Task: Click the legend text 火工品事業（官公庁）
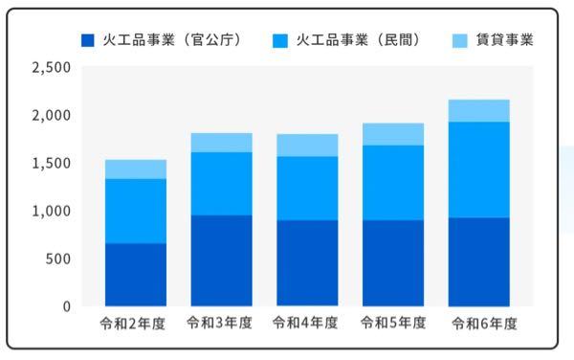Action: click(171, 41)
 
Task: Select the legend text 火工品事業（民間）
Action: click(359, 41)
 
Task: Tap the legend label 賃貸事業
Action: click(504, 41)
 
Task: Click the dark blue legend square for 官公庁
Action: click(88, 41)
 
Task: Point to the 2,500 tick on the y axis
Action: click(52, 68)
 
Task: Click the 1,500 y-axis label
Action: click(52, 164)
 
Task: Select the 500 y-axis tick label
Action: click(57, 259)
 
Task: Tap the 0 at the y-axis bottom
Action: click(66, 307)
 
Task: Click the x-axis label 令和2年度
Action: click(135, 324)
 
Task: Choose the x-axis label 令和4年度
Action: click(307, 324)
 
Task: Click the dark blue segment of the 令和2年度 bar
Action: click(135, 275)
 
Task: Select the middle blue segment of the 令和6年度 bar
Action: click(478, 169)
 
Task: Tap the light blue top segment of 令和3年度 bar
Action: click(221, 143)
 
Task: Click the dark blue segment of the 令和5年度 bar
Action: click(392, 263)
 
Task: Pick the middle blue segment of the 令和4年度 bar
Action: click(307, 189)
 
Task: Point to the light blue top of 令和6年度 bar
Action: click(478, 111)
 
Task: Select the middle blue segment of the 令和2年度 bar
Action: click(135, 211)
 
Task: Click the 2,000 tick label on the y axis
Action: click(52, 116)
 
